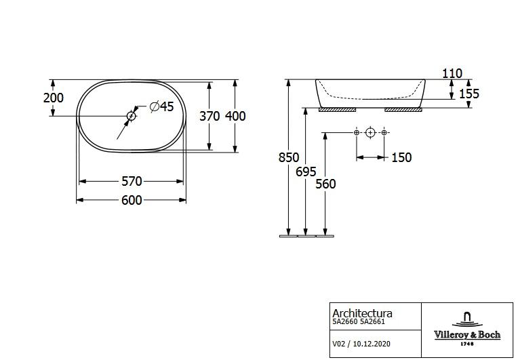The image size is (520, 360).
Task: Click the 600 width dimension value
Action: [132, 200]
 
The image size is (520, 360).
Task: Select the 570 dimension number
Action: [132, 181]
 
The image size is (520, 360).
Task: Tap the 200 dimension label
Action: [54, 98]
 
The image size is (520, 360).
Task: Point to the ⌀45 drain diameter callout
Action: [162, 106]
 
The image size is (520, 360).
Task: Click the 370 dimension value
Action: [209, 116]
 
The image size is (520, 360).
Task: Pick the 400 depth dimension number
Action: [235, 116]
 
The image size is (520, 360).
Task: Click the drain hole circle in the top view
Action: [132, 116]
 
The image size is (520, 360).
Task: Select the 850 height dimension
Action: [289, 157]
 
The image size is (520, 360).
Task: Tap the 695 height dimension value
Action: [306, 172]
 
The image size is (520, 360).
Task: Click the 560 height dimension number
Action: [325, 184]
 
